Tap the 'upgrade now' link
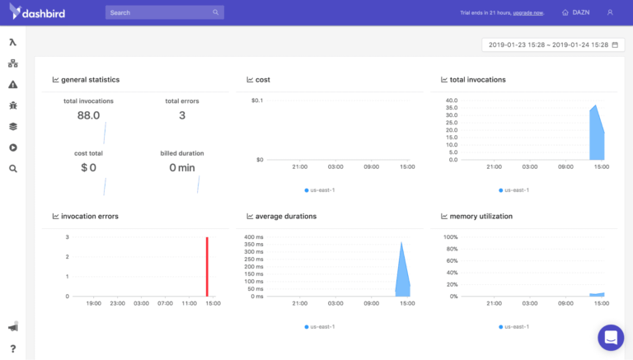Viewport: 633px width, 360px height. [x=527, y=13]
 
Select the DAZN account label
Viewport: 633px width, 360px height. [x=581, y=13]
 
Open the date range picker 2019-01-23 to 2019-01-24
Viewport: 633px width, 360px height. [x=548, y=44]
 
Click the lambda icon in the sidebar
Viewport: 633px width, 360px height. [x=12, y=42]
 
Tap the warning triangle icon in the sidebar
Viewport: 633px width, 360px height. [x=12, y=84]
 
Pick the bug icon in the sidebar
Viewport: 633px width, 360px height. [x=12, y=105]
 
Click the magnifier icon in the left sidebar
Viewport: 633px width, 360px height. [x=12, y=168]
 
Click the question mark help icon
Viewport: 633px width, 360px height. [x=12, y=348]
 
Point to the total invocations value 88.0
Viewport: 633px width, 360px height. [x=88, y=115]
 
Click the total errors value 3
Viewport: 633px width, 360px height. [x=182, y=115]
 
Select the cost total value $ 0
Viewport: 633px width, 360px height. [x=88, y=167]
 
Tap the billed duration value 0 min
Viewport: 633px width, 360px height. [x=182, y=167]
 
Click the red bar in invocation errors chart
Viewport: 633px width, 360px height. [x=207, y=267]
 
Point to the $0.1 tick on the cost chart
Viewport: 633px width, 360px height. [x=257, y=101]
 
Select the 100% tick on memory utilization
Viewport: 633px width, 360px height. [x=451, y=237]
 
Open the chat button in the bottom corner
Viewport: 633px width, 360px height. [x=611, y=338]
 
